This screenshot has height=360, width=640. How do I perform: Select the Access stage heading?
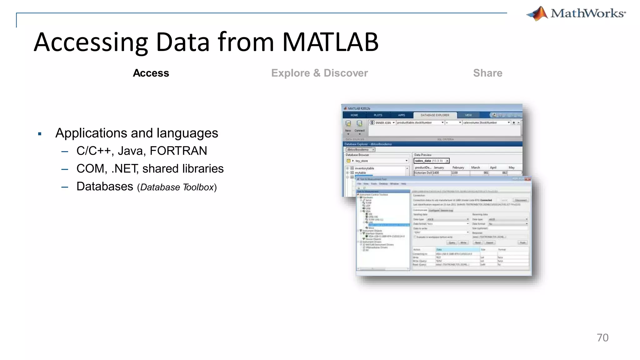(x=151, y=73)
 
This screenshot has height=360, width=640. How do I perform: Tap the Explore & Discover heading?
(x=319, y=73)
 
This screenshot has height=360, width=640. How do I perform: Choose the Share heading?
(x=487, y=73)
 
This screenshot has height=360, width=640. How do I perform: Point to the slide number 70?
(x=602, y=338)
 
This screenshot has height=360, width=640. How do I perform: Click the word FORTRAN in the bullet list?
(x=178, y=151)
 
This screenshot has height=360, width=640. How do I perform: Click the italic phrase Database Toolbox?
(x=177, y=187)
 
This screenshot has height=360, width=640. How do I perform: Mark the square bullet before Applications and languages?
(x=40, y=134)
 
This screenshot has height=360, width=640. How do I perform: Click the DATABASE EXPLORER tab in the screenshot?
(x=435, y=115)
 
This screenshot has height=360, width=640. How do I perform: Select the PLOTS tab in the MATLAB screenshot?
(x=378, y=115)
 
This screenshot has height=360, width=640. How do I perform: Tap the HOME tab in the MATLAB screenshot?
(x=354, y=115)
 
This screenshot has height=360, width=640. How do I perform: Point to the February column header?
(x=458, y=168)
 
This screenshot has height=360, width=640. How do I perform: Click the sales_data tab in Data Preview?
(x=429, y=161)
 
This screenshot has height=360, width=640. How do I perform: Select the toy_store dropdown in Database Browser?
(x=377, y=161)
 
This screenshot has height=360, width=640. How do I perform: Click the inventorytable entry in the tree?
(x=364, y=168)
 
